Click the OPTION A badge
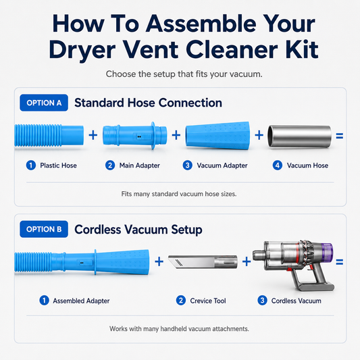pyautogui.click(x=44, y=103)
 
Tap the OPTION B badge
pyautogui.click(x=44, y=229)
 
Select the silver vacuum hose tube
pyautogui.click(x=300, y=136)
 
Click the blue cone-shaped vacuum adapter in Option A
pyautogui.click(x=217, y=136)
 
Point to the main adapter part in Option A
pyautogui.click(x=135, y=136)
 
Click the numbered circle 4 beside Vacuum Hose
pyautogui.click(x=278, y=165)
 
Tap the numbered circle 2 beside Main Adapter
pyautogui.click(x=110, y=165)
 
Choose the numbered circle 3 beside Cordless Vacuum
pyautogui.click(x=262, y=301)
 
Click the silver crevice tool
pyautogui.click(x=203, y=262)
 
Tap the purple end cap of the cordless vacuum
pyautogui.click(x=328, y=253)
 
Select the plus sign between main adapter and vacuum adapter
pyautogui.click(x=176, y=135)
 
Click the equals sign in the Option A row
pyautogui.click(x=340, y=136)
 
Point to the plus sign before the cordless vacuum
pyautogui.click(x=247, y=261)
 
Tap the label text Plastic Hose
pyautogui.click(x=58, y=165)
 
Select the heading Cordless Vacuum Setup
pyautogui.click(x=138, y=230)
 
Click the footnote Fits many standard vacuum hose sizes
pyautogui.click(x=179, y=194)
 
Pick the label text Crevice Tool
pyautogui.click(x=208, y=301)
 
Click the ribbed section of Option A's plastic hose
pyautogui.click(x=38, y=136)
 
